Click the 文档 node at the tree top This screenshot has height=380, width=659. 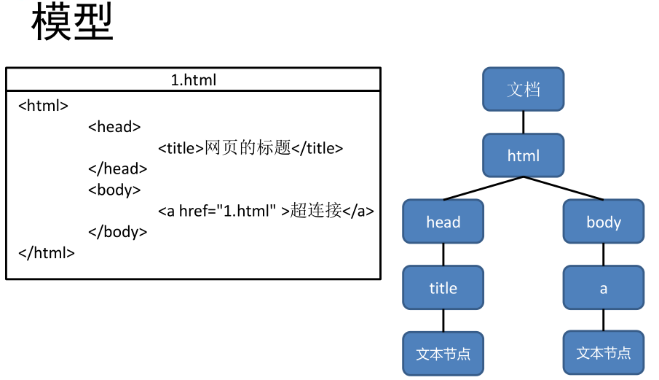(523, 89)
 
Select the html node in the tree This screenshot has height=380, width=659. (523, 155)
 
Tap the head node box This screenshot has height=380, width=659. (443, 222)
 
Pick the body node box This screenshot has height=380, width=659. (603, 222)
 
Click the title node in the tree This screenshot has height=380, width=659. (443, 288)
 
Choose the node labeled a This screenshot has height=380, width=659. (603, 288)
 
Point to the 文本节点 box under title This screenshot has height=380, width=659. (443, 354)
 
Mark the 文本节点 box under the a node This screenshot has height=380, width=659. (603, 354)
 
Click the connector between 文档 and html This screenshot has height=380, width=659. (523, 122)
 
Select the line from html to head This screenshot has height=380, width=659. (483, 188)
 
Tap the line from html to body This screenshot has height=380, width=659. (563, 188)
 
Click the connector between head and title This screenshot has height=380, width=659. (443, 255)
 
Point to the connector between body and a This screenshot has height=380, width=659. (603, 255)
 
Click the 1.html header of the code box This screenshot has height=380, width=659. (193, 80)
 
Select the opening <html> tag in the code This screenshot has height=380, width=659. (43, 106)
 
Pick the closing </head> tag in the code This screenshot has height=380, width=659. (117, 169)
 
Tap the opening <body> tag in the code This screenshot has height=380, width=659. (114, 190)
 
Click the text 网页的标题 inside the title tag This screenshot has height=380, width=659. (248, 148)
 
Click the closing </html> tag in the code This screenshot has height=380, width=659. (46, 254)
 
